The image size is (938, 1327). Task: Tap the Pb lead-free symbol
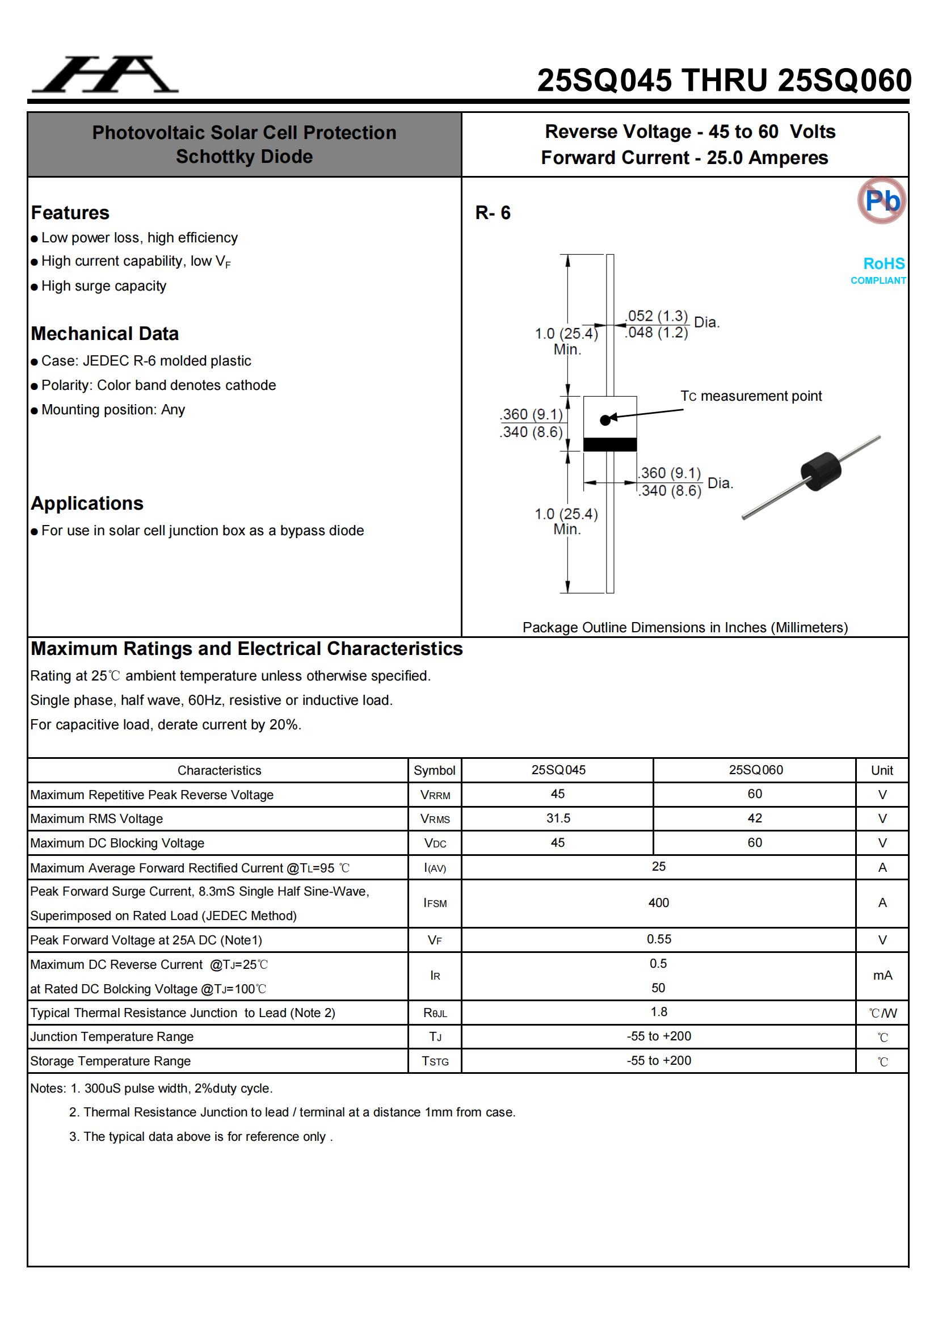pyautogui.click(x=881, y=200)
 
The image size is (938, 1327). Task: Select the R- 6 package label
pyautogui.click(x=493, y=213)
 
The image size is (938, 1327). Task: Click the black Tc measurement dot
pyautogui.click(x=605, y=420)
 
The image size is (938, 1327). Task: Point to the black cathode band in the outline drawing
pyautogui.click(x=610, y=444)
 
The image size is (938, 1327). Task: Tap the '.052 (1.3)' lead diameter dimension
pyautogui.click(x=657, y=316)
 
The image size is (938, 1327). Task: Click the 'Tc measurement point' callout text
pyautogui.click(x=751, y=396)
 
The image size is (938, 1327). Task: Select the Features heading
pyautogui.click(x=70, y=213)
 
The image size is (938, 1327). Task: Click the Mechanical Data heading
pyautogui.click(x=104, y=334)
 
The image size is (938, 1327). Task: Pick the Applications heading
pyautogui.click(x=87, y=503)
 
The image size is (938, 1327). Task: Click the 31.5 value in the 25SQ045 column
pyautogui.click(x=558, y=818)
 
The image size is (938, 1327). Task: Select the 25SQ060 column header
pyautogui.click(x=755, y=770)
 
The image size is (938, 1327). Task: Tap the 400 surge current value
pyautogui.click(x=658, y=903)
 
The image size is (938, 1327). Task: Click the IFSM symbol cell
pyautogui.click(x=435, y=904)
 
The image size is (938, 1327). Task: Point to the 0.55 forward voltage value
pyautogui.click(x=659, y=939)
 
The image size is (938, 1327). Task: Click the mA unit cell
pyautogui.click(x=882, y=976)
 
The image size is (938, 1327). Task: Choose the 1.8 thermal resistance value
pyautogui.click(x=659, y=1012)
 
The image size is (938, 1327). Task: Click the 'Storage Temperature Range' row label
pyautogui.click(x=111, y=1061)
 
